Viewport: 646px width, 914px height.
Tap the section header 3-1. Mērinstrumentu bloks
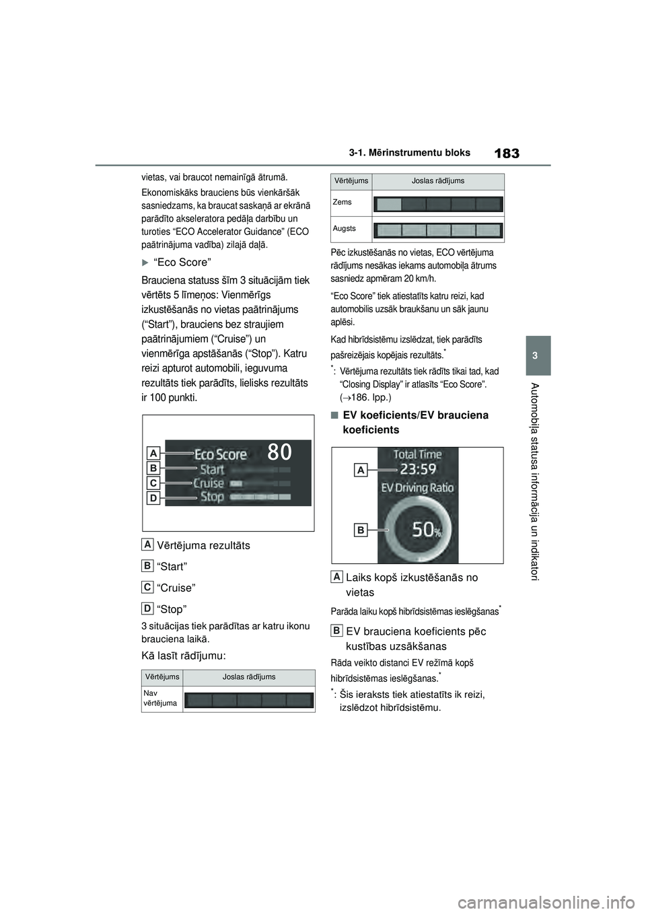[410, 153]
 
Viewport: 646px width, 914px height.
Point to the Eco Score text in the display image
[221, 454]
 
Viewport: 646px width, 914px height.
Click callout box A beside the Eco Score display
[154, 452]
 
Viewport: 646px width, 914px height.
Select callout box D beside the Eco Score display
[154, 498]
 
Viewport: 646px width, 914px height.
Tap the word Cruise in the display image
[209, 483]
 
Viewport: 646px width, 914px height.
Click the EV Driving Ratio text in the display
[418, 487]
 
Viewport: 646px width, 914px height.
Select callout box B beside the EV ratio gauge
[361, 530]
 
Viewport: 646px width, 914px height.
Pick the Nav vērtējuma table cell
[160, 698]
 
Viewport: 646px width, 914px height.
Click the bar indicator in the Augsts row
[438, 230]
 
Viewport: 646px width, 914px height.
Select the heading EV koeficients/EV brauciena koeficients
[415, 422]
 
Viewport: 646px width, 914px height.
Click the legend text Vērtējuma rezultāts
[203, 545]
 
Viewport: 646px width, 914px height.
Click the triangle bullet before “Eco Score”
[146, 262]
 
